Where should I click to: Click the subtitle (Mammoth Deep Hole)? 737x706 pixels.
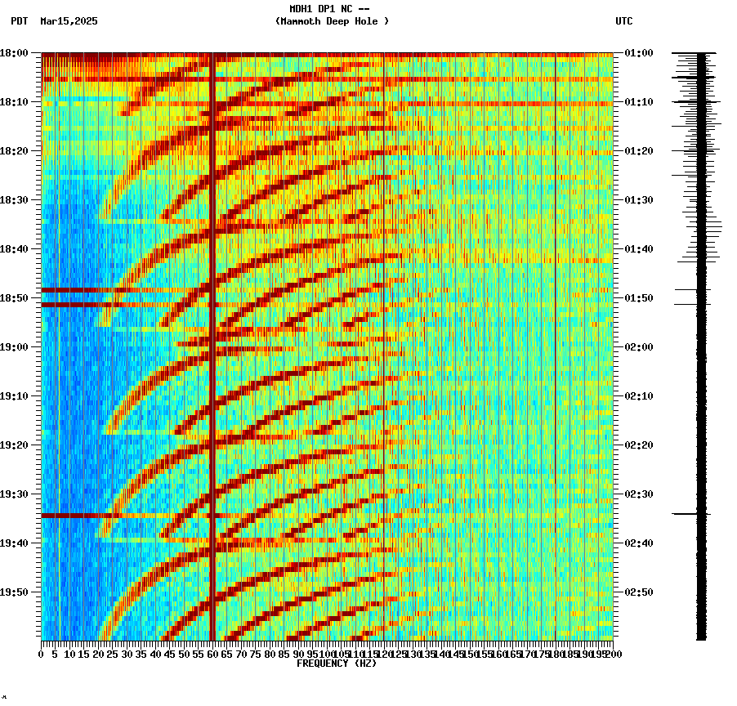(332, 21)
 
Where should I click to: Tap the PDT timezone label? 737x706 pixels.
(19, 21)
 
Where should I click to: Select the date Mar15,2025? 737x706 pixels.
(69, 21)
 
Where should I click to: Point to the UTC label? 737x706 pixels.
(623, 21)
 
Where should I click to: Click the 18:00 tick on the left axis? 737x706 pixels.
(15, 53)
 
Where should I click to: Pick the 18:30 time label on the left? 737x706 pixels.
(15, 200)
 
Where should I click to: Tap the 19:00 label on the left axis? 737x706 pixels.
(15, 347)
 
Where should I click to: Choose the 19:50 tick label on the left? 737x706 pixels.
(15, 592)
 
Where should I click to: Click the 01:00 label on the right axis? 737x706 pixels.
(638, 53)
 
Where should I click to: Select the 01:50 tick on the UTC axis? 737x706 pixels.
(638, 298)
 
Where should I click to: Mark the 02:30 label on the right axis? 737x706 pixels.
(638, 494)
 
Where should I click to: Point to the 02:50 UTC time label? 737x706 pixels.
(638, 592)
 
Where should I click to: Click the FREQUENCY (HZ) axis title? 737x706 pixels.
(336, 664)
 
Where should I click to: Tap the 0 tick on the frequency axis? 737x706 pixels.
(42, 655)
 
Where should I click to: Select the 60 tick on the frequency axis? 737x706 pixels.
(212, 655)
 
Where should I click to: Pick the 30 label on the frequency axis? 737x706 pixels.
(127, 655)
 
